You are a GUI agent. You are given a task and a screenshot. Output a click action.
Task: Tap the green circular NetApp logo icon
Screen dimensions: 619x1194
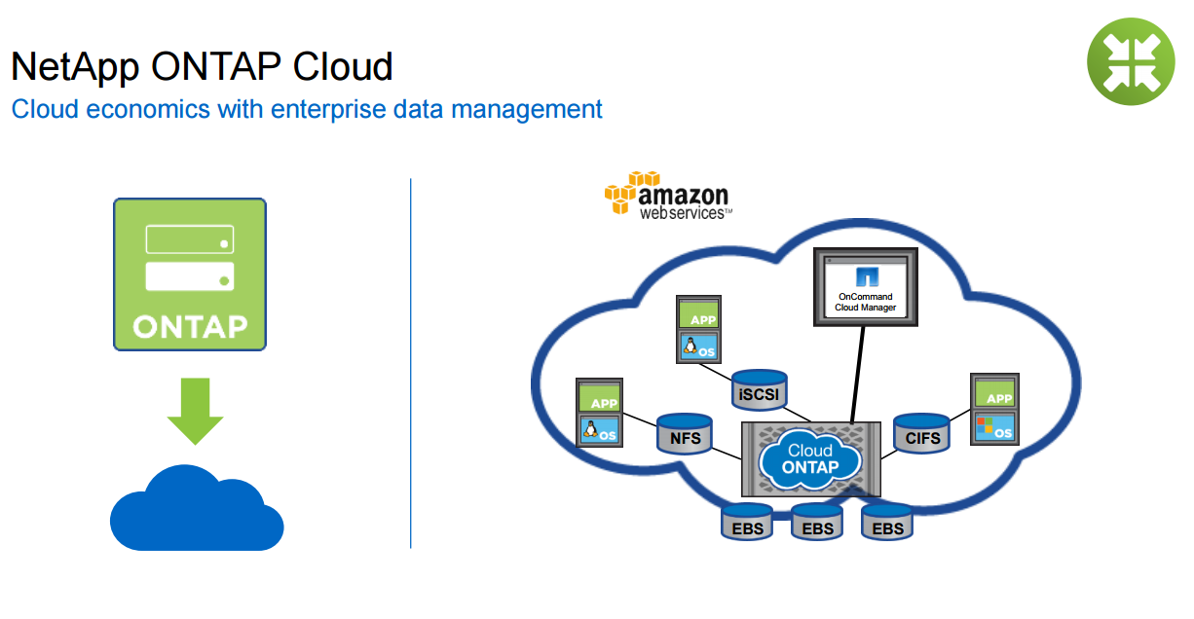click(1131, 60)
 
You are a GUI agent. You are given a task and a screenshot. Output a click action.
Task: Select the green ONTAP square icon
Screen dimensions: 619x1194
click(190, 273)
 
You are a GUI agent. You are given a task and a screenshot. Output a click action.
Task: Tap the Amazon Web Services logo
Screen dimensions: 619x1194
click(666, 197)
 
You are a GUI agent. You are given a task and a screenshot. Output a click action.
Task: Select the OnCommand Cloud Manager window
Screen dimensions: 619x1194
click(865, 286)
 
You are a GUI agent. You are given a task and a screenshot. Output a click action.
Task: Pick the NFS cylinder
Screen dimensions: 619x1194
click(685, 433)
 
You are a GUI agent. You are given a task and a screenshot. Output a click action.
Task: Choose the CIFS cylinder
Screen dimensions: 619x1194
click(922, 433)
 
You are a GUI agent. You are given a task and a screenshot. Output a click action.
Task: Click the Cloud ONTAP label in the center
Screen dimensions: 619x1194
click(810, 458)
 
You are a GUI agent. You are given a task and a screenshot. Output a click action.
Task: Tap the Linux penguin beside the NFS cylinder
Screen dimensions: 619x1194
click(589, 429)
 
